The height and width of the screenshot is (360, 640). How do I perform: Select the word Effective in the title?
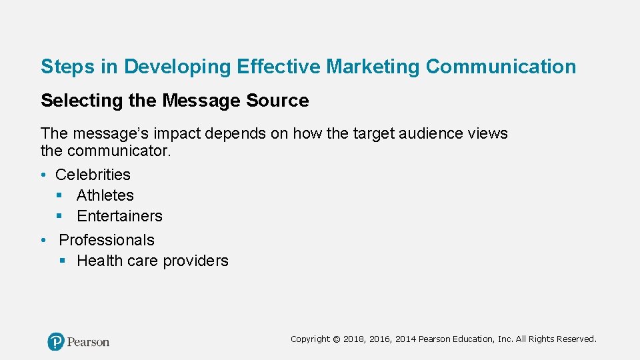(x=279, y=67)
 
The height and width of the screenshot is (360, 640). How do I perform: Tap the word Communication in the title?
(x=501, y=67)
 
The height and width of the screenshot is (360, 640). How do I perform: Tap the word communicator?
(x=119, y=151)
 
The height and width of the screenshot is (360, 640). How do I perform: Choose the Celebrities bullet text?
(x=93, y=175)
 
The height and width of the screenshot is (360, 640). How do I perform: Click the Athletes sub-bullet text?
(x=105, y=195)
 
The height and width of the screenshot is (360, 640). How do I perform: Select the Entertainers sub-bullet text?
(x=119, y=216)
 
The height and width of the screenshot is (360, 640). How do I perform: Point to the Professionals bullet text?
(x=107, y=240)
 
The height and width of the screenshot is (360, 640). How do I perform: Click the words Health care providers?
(x=153, y=261)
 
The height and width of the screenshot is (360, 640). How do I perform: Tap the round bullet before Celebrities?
(x=43, y=175)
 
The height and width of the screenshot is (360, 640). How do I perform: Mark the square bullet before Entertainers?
(x=59, y=216)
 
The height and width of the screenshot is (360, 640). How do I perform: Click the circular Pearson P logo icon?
(x=56, y=342)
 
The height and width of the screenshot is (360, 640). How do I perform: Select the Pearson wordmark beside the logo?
(x=89, y=342)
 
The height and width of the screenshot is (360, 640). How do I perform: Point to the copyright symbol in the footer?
(x=336, y=339)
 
